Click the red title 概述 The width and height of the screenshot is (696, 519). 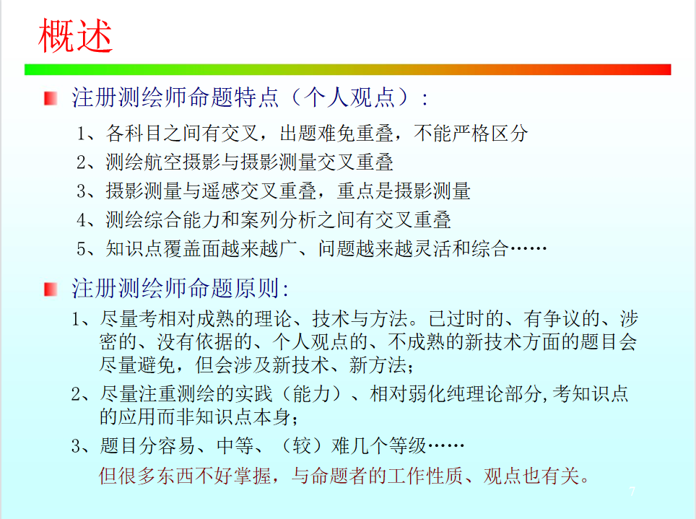pos(75,36)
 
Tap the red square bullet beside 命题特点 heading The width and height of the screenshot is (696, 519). pos(51,98)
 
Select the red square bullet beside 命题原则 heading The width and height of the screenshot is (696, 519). pos(51,289)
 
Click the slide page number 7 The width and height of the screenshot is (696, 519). pos(632,491)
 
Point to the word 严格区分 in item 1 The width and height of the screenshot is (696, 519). pos(490,134)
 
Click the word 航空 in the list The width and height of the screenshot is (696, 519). pos(163,162)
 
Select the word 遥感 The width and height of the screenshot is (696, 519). pos(221,191)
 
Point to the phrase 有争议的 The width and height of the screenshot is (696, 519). pos(562,319)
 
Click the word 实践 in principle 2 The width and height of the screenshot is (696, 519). pos(253,393)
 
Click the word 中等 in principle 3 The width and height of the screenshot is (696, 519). pos(235,445)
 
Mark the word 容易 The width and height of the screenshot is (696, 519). pos(178,445)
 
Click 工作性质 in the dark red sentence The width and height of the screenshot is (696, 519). pos(425,476)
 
